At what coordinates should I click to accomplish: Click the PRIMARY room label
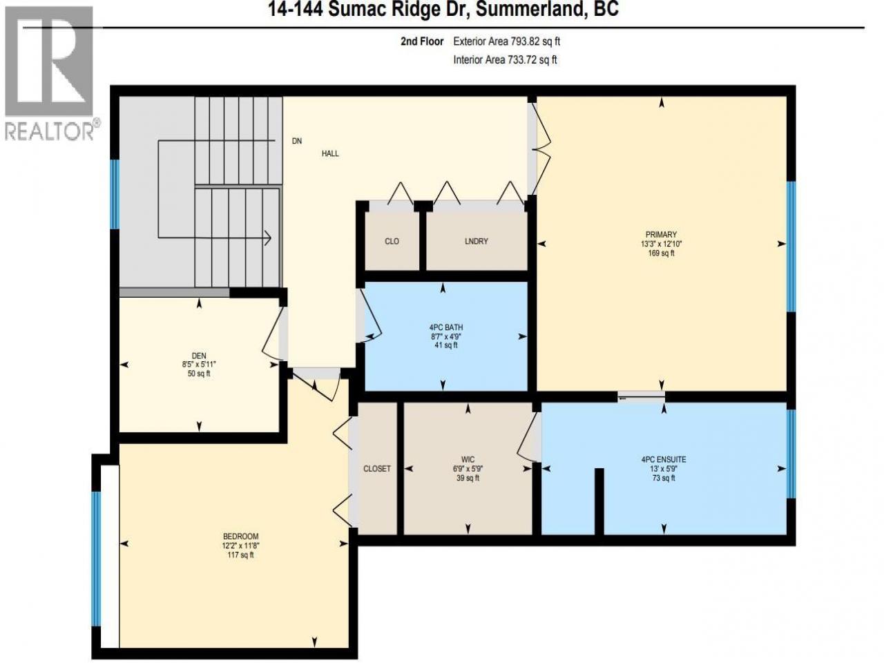[x=661, y=234]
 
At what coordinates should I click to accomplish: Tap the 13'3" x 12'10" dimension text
[x=661, y=244]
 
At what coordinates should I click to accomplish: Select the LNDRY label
[x=476, y=241]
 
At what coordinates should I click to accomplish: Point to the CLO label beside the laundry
[x=392, y=241]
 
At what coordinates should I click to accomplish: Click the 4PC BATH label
[x=446, y=327]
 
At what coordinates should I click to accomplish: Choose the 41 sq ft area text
[x=446, y=345]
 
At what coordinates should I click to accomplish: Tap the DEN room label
[x=199, y=356]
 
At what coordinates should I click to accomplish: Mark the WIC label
[x=468, y=459]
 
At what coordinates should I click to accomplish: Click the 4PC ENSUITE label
[x=663, y=459]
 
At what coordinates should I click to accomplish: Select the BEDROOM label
[x=241, y=536]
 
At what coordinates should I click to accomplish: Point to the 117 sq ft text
[x=241, y=555]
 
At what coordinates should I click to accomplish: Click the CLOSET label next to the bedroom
[x=377, y=468]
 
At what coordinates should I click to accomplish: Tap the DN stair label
[x=297, y=141]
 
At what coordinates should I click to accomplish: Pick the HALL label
[x=330, y=153]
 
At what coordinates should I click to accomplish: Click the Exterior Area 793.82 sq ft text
[x=507, y=41]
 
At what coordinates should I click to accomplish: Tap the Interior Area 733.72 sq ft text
[x=505, y=60]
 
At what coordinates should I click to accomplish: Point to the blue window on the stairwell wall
[x=115, y=195]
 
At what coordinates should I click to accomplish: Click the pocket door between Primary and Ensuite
[x=641, y=397]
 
